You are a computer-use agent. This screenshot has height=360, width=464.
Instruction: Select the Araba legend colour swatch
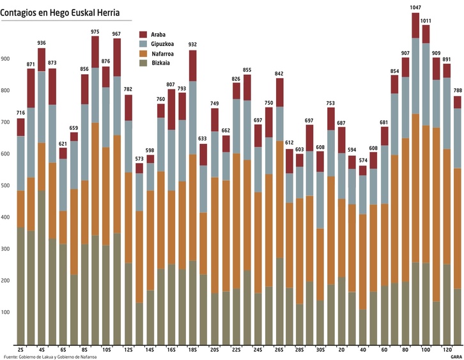(143, 34)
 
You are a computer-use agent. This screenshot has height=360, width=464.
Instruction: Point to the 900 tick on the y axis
(6, 59)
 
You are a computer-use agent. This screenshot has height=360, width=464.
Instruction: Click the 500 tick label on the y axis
(6, 186)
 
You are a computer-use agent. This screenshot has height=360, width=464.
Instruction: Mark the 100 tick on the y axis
(6, 313)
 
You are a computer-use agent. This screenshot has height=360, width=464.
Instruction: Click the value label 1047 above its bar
(415, 8)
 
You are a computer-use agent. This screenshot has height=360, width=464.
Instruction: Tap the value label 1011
(426, 21)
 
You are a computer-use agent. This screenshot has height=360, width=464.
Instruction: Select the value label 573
(139, 159)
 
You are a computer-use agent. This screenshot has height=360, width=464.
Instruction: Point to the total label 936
(42, 43)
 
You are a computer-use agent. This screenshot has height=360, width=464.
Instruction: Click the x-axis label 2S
(21, 350)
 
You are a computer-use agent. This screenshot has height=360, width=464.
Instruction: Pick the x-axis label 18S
(192, 350)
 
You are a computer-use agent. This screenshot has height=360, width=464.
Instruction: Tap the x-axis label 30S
(320, 350)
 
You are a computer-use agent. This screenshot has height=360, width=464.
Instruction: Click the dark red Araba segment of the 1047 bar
(415, 26)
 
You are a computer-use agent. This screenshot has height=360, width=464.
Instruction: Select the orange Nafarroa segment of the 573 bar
(139, 256)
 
